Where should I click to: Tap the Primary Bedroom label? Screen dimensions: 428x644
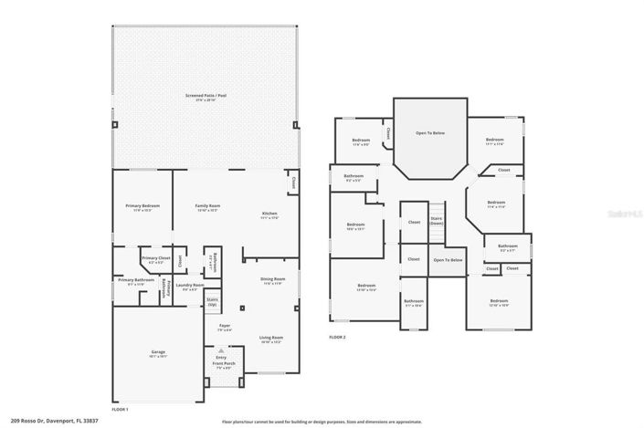pos(143,207)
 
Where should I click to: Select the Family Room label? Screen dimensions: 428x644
pos(208,207)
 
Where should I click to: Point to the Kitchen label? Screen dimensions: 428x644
pos(269,215)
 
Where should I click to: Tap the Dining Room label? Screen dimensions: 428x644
pos(273,280)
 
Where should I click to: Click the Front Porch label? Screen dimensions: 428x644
pos(221,366)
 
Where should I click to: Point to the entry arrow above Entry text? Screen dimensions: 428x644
pos(221,349)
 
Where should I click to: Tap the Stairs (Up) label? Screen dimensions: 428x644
pos(212,301)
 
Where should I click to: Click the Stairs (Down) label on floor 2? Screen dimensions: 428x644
pos(437,222)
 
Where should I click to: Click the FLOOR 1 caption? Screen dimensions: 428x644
pos(120,410)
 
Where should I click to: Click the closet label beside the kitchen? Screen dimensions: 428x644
pos(293,183)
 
